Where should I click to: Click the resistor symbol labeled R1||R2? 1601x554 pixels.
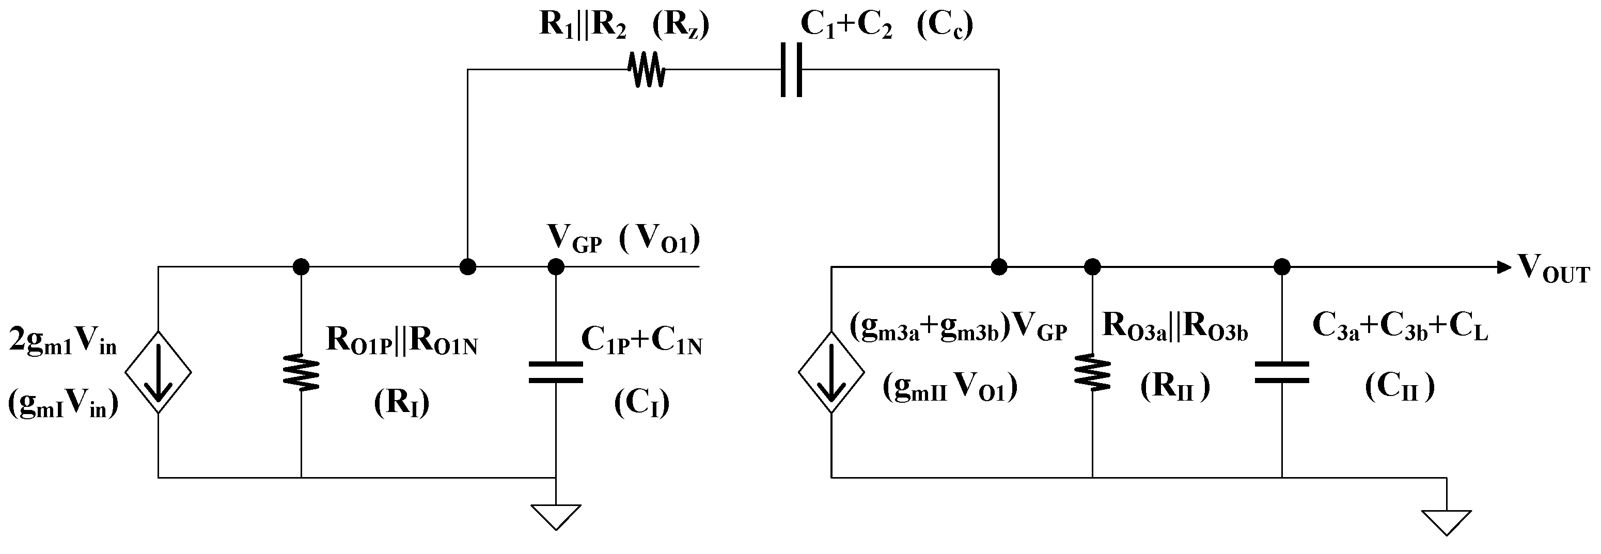coord(648,70)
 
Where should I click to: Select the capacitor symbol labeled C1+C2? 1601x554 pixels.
coord(791,70)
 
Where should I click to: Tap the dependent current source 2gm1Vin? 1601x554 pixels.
coord(158,373)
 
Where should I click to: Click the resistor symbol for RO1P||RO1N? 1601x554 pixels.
coord(302,373)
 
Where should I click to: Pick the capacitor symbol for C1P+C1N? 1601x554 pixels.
coord(556,372)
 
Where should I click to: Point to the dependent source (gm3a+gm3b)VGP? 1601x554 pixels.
coord(831,373)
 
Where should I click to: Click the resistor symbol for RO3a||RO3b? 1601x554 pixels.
coord(1092,373)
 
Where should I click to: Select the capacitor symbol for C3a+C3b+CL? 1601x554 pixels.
coord(1281,372)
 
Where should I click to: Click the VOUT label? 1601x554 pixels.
coord(1553,269)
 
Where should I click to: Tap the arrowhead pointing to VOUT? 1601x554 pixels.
coord(1503,267)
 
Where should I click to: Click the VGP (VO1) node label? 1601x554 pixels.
coord(623,240)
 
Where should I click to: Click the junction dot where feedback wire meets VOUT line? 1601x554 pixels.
coord(999,267)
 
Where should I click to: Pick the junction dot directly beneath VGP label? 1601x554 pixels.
coord(556,267)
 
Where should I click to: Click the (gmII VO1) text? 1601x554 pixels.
coord(950,389)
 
